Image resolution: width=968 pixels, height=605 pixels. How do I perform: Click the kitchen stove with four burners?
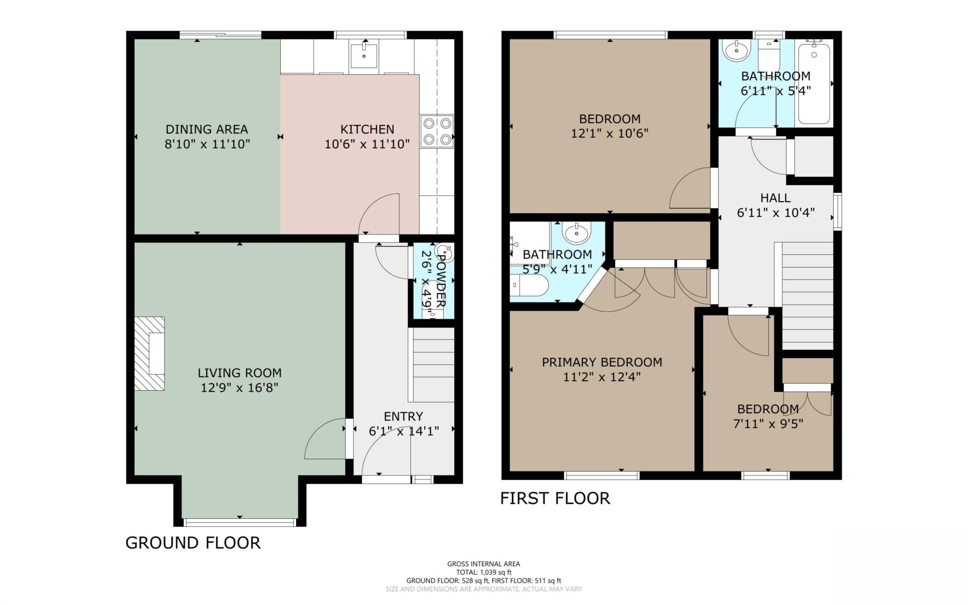click(437, 131)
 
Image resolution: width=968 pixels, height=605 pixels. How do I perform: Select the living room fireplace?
click(150, 353)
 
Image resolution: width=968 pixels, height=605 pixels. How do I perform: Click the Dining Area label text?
click(207, 129)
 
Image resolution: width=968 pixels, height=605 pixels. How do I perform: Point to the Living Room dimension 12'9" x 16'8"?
click(239, 388)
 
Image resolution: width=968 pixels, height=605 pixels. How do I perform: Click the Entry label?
click(403, 416)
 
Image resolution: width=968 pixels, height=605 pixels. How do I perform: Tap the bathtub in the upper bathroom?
click(814, 83)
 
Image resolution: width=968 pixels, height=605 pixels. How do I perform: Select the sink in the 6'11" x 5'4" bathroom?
click(737, 50)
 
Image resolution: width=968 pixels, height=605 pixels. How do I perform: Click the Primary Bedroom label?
click(602, 362)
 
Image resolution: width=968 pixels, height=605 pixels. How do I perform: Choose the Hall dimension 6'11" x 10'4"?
click(775, 213)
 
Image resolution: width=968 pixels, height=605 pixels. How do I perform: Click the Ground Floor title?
click(193, 542)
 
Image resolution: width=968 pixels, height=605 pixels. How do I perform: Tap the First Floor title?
click(555, 498)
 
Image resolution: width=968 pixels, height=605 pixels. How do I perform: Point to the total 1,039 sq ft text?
click(484, 572)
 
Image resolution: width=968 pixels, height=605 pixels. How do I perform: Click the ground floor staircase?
click(434, 365)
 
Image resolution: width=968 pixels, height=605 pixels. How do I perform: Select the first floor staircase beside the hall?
click(807, 296)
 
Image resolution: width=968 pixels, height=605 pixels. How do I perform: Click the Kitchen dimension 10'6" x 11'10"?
click(367, 144)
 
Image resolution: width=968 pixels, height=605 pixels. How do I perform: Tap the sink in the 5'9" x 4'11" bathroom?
click(575, 233)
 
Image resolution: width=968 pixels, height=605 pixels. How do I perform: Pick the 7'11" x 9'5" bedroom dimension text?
click(768, 423)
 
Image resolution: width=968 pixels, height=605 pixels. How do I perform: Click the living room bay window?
click(239, 522)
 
